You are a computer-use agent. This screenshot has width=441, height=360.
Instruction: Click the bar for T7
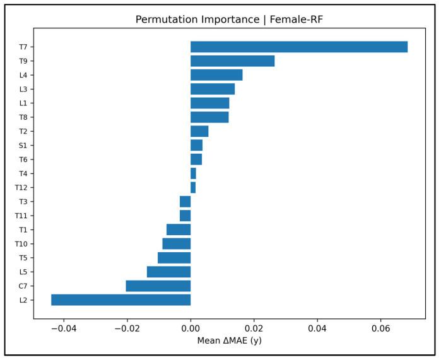[x=299, y=47]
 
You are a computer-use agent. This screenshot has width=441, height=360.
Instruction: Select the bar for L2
[x=121, y=300]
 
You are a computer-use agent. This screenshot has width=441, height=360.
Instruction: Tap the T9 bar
[x=232, y=61]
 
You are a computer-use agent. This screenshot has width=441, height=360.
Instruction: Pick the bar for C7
[x=158, y=286]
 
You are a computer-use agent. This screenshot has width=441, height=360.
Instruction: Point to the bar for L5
[x=168, y=272]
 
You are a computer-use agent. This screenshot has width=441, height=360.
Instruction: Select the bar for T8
[x=209, y=117]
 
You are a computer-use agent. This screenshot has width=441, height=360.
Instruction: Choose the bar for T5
[x=174, y=258]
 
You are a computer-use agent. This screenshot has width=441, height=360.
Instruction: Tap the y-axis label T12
[x=20, y=188]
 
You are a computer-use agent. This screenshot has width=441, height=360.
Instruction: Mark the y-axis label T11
[x=20, y=216]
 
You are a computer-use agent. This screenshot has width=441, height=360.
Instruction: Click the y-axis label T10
[x=20, y=244]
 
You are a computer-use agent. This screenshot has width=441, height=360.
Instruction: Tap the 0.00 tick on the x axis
[x=191, y=329]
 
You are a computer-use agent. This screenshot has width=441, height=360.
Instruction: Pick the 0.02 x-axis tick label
[x=254, y=329]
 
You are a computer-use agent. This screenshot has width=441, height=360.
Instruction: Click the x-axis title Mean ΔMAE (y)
[x=229, y=341]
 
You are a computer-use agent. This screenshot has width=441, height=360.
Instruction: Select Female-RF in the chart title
[x=295, y=20]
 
